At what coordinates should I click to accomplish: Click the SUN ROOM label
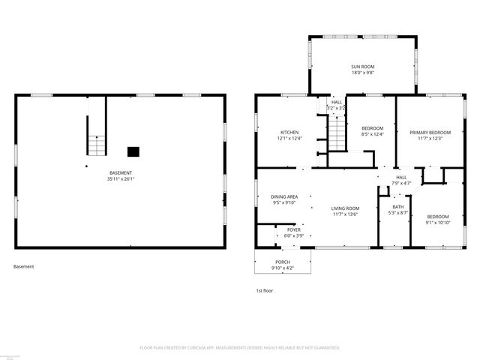[362, 66]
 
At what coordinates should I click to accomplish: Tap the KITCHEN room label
[269, 132]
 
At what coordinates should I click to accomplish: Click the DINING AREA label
[284, 196]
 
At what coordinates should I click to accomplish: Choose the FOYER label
[293, 230]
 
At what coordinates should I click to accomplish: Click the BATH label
[397, 207]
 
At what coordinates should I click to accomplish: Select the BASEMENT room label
[121, 173]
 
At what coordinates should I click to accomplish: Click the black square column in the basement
[133, 151]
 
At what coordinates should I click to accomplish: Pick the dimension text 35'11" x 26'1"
[121, 179]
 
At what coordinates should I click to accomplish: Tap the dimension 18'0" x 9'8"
[362, 73]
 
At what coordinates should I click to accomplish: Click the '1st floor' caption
[265, 290]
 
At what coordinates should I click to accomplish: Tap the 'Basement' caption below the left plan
[24, 266]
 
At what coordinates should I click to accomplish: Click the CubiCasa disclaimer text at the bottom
[240, 348]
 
